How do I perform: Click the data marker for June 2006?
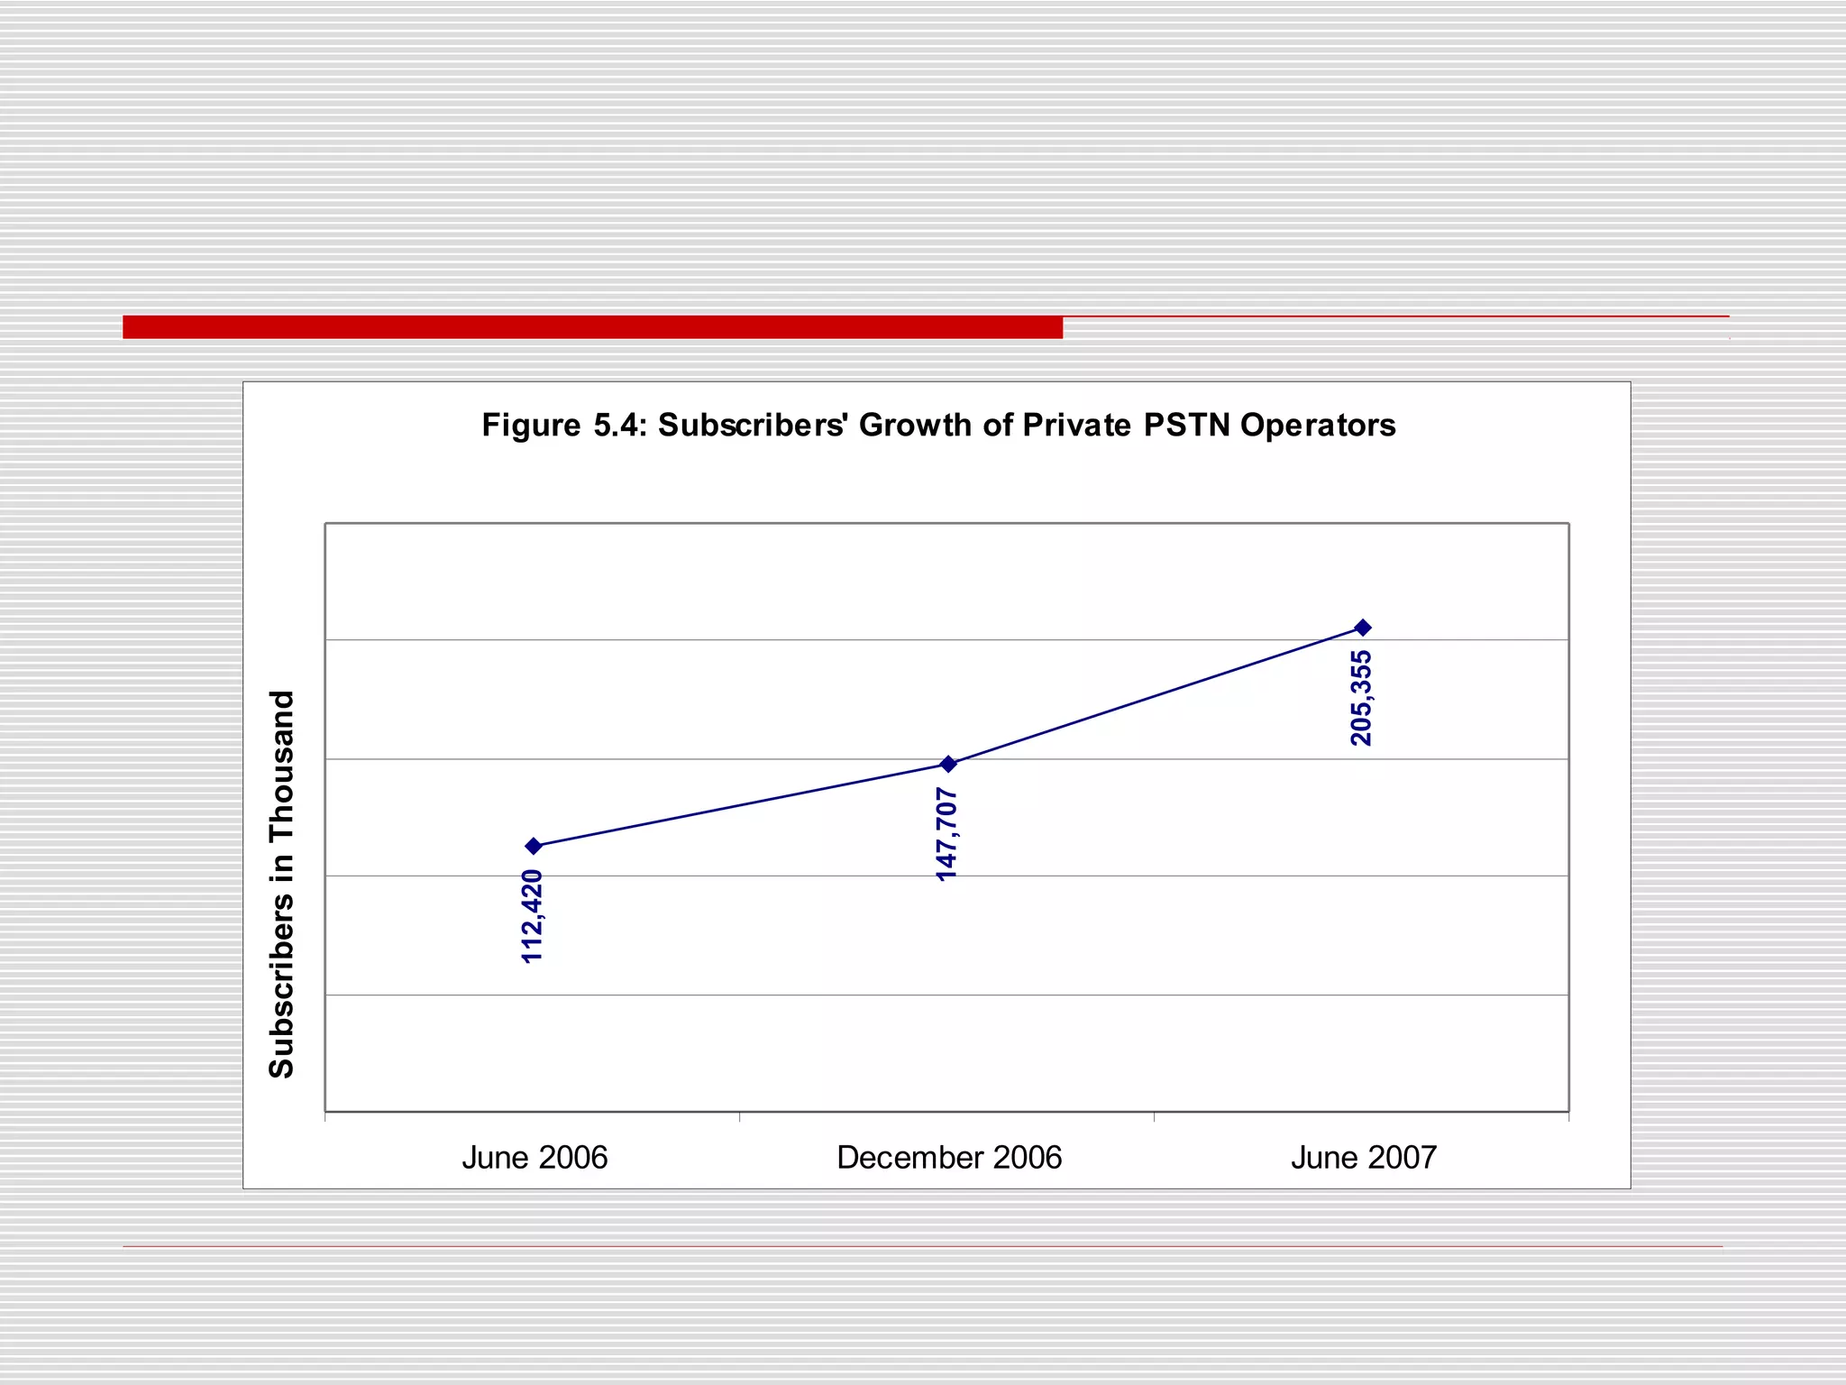[534, 846]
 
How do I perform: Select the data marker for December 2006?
[948, 764]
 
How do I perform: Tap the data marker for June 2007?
[1363, 628]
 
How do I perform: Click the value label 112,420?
[533, 916]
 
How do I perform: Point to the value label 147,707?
[947, 834]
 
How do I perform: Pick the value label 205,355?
[1362, 698]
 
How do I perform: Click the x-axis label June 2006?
[535, 1157]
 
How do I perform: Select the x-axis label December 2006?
[949, 1157]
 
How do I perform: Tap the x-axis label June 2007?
[1363, 1157]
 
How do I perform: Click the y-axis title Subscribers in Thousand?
[282, 884]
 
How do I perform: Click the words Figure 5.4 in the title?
[564, 425]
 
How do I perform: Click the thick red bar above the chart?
[592, 327]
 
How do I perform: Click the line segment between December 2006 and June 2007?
[1156, 696]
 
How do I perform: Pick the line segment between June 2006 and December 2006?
[741, 805]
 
